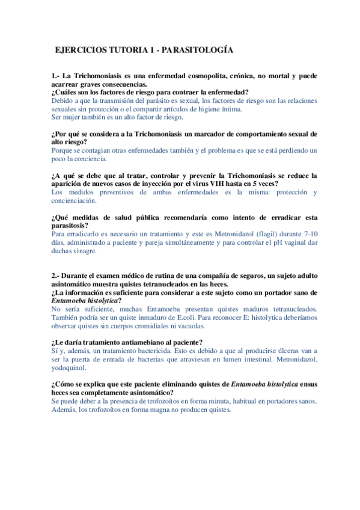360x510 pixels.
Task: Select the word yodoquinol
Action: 69,368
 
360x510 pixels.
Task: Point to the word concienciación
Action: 74,201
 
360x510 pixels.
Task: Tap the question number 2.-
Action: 56,275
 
